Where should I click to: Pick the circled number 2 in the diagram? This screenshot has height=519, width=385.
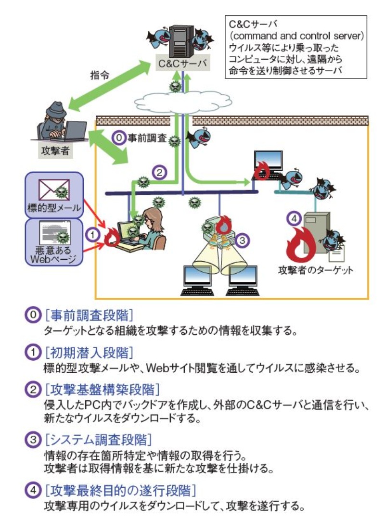tap(159, 171)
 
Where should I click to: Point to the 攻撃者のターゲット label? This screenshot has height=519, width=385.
tap(316, 269)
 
